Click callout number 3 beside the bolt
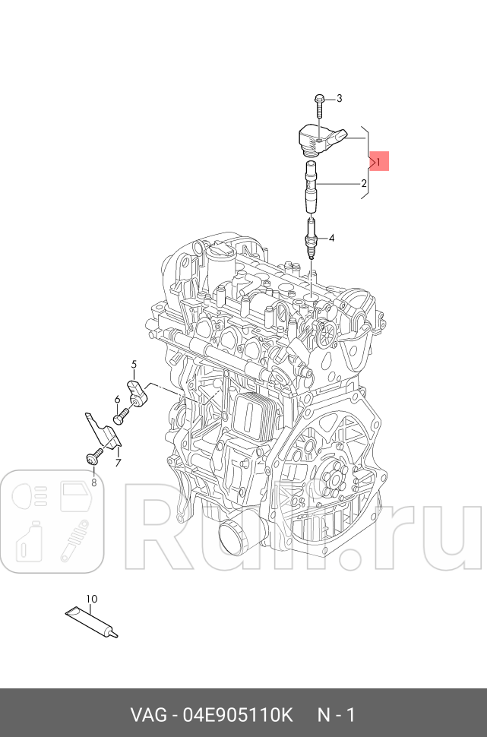pos(339,98)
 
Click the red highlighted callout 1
pos(378,162)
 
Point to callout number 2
pos(364,183)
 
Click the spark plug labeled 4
pos(311,239)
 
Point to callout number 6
pos(117,400)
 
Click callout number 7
pos(119,463)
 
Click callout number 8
pos(94,482)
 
